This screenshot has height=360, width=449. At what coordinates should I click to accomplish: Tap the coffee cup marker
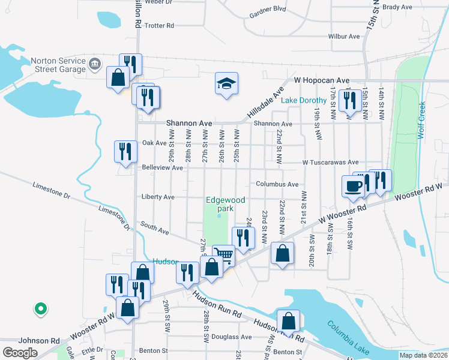pos(353,185)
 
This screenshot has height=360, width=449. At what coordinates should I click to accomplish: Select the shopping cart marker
pos(223,255)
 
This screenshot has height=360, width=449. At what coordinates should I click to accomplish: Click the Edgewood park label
pos(219,204)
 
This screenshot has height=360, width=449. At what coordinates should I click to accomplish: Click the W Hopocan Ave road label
pos(321,80)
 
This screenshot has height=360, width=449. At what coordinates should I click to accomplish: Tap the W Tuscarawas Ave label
pos(330,162)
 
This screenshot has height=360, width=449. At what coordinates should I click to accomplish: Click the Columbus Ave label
pos(277,184)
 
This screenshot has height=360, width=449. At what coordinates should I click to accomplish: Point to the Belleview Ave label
pos(161,168)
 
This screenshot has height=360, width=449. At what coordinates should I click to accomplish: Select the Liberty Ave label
pos(158,197)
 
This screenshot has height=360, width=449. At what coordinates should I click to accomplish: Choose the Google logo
pos(20,352)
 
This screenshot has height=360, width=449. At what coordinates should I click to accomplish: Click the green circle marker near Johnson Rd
pos(40,308)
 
